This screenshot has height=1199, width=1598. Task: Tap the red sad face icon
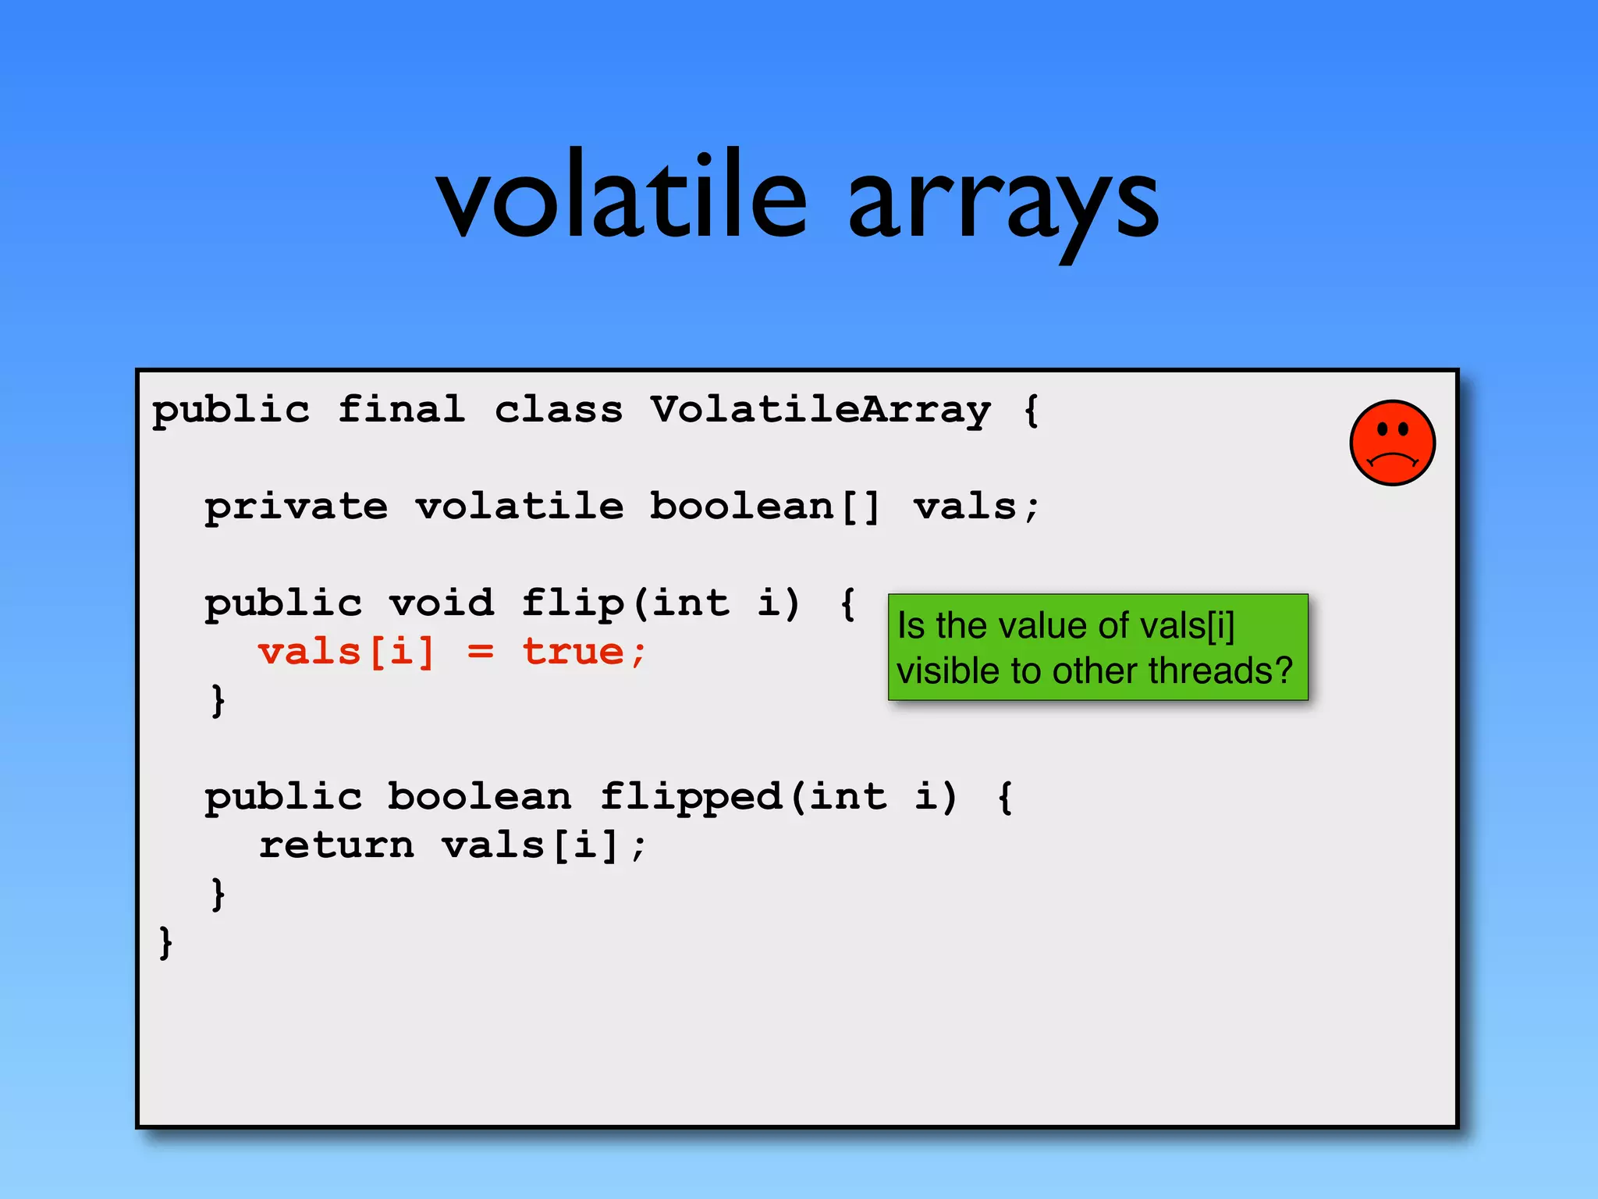pyautogui.click(x=1392, y=443)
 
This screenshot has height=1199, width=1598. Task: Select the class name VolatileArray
pyautogui.click(x=821, y=410)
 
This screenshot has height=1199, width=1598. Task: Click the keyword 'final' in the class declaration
pyautogui.click(x=402, y=410)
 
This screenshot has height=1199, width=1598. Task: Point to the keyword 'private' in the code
pyautogui.click(x=297, y=507)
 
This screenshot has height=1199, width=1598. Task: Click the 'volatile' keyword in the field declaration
pyautogui.click(x=520, y=507)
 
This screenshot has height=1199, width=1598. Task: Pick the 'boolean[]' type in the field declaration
pyautogui.click(x=765, y=507)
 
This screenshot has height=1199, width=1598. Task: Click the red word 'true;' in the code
pyautogui.click(x=584, y=652)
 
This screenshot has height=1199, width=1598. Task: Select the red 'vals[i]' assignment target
pyautogui.click(x=346, y=652)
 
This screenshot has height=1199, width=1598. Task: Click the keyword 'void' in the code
pyautogui.click(x=442, y=603)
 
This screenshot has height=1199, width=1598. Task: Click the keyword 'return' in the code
pyautogui.click(x=336, y=845)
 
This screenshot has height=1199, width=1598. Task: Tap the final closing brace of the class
pyautogui.click(x=165, y=943)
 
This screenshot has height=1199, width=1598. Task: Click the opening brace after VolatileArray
pyautogui.click(x=1032, y=410)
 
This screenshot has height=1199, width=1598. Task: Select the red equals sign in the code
pyautogui.click(x=480, y=652)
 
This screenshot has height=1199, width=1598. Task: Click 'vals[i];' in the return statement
pyautogui.click(x=545, y=845)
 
